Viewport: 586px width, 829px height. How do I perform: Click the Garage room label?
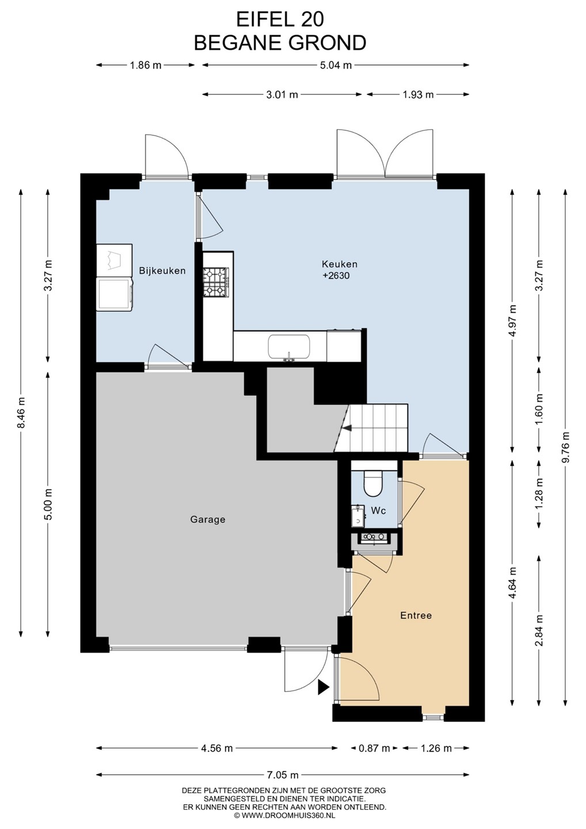pyautogui.click(x=208, y=520)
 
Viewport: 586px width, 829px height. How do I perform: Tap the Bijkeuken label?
pyautogui.click(x=162, y=271)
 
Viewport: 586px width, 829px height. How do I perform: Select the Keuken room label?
pyautogui.click(x=339, y=264)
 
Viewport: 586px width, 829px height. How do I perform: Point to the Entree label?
pyautogui.click(x=416, y=615)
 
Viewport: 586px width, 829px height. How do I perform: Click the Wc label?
pyautogui.click(x=378, y=511)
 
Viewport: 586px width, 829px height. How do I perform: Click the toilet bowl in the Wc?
pyautogui.click(x=373, y=484)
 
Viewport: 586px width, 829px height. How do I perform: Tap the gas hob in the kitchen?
pyautogui.click(x=216, y=282)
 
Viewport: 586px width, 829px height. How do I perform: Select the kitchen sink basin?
pyautogui.click(x=290, y=347)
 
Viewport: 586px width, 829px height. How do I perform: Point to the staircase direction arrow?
pyautogui.click(x=347, y=428)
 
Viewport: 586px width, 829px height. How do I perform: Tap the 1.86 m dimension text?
pyautogui.click(x=146, y=66)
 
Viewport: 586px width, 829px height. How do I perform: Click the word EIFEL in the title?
pyautogui.click(x=265, y=20)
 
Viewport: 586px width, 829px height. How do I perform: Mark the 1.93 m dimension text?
pyautogui.click(x=418, y=95)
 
